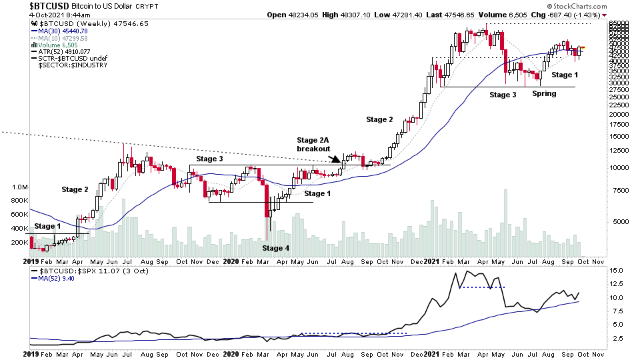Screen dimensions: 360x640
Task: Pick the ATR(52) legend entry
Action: click(x=64, y=51)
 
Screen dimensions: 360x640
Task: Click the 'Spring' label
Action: click(x=544, y=94)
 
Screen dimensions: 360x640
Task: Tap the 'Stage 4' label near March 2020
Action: click(x=275, y=248)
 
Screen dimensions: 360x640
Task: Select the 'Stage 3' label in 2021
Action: click(x=503, y=95)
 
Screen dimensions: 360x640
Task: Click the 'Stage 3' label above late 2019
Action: click(x=210, y=159)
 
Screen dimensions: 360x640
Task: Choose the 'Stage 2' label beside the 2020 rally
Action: click(x=379, y=119)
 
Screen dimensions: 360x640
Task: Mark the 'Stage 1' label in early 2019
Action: click(x=47, y=226)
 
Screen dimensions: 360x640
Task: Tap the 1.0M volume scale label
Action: click(x=18, y=188)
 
